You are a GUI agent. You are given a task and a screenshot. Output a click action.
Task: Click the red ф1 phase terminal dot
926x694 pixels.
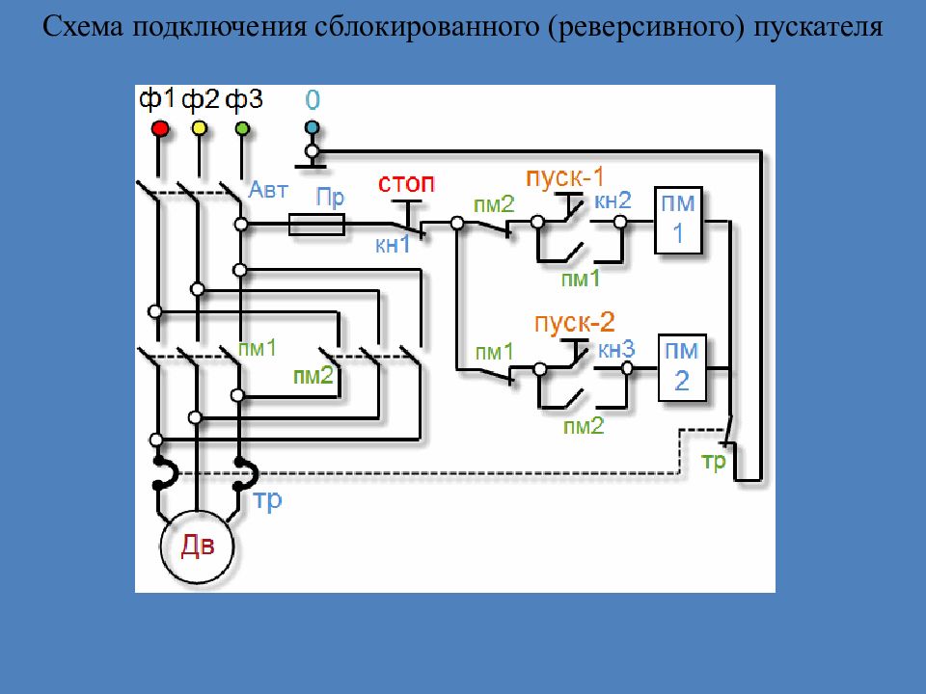point(161,128)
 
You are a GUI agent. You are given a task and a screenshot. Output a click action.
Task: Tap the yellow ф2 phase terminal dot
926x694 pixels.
point(199,128)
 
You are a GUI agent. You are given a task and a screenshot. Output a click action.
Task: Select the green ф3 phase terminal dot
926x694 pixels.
point(241,128)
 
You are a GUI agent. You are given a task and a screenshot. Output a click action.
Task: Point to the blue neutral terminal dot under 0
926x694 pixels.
point(312,127)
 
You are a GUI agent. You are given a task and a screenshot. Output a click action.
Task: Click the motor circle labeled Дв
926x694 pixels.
point(197,547)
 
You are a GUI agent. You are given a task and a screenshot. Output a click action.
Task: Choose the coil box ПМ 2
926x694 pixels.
point(682,367)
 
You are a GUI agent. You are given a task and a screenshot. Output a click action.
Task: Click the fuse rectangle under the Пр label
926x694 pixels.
point(316,225)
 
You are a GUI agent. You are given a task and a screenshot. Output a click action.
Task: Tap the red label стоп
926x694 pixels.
point(406,183)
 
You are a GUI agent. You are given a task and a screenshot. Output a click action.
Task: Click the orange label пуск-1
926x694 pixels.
point(565,177)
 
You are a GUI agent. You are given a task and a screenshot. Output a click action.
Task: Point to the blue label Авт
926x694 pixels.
point(268,190)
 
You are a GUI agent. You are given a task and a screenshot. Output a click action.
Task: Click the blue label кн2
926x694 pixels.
point(613,200)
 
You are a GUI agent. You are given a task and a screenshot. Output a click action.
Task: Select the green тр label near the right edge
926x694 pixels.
point(714,462)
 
